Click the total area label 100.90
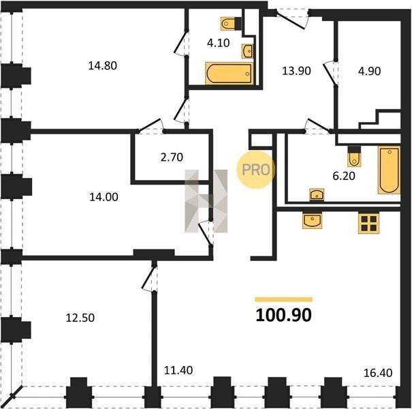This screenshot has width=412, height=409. click(283, 315)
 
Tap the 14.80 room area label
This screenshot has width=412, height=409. click(102, 65)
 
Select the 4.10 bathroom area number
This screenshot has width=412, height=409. click(218, 43)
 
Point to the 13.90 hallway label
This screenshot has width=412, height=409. click(296, 71)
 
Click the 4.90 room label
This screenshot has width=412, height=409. click(369, 71)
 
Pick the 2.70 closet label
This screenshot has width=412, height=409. click(172, 157)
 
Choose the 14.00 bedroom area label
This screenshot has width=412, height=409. click(104, 197)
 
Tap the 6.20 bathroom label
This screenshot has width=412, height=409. click(344, 176)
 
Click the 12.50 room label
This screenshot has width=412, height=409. click(80, 318)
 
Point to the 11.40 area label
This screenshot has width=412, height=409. click(178, 370)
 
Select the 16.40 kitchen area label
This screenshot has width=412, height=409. click(378, 373)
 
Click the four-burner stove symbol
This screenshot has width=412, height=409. click(369, 223)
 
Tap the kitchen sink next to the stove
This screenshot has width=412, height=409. click(312, 220)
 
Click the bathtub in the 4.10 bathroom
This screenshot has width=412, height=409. click(229, 74)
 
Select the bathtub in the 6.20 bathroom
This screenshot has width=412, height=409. click(390, 170)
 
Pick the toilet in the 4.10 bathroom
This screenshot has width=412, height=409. click(231, 24)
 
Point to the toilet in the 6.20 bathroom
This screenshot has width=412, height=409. click(354, 157)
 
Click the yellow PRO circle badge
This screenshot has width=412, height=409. click(255, 170)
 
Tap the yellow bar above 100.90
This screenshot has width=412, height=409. click(284, 299)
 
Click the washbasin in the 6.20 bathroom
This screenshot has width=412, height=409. click(317, 195)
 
